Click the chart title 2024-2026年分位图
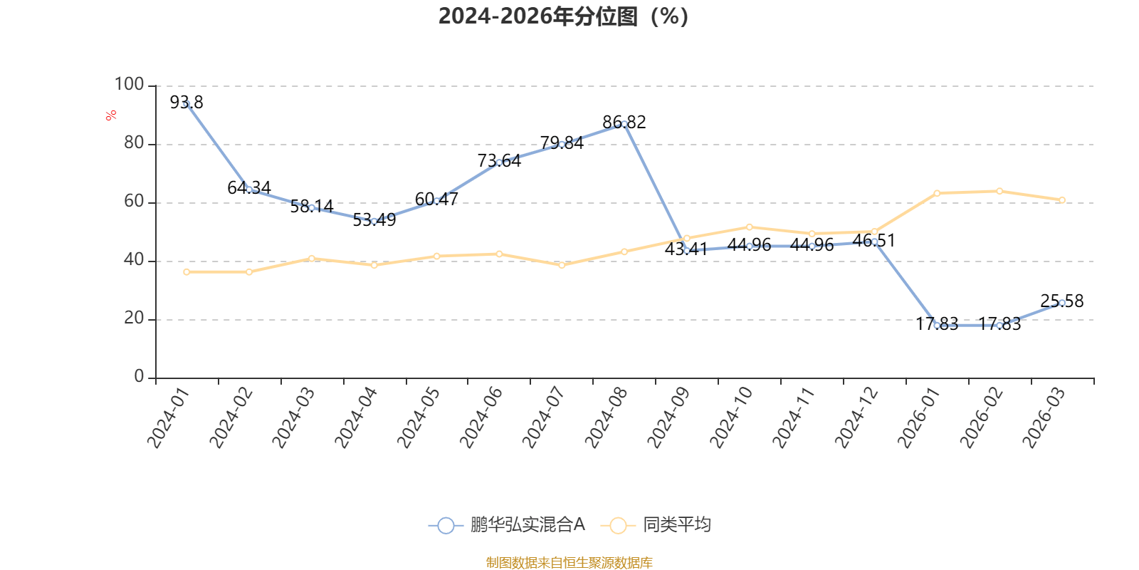point(563,16)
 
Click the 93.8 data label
point(187,103)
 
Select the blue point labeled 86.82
point(624,124)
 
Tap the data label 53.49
point(374,220)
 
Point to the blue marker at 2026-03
point(1062,303)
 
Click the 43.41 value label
point(686,249)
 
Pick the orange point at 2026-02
point(999,191)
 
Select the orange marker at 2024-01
point(187,271)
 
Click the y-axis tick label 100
point(129,85)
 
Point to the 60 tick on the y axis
point(134,202)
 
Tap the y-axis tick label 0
point(139,377)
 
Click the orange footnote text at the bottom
point(569,563)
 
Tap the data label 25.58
point(1062,301)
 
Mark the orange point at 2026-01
point(937,193)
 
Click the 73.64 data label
point(500,161)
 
